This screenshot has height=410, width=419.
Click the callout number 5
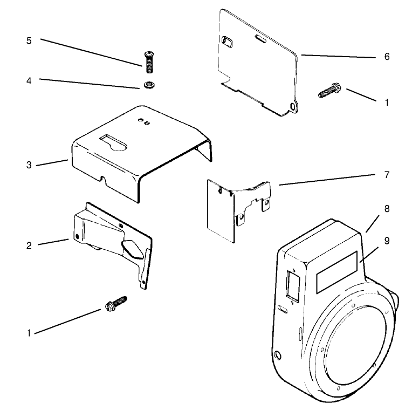tap(29, 41)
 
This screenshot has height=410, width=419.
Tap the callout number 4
tap(29, 80)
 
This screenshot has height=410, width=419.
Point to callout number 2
tap(29, 245)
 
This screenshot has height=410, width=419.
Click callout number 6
tap(387, 57)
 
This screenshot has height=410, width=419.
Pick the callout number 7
tap(387, 175)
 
